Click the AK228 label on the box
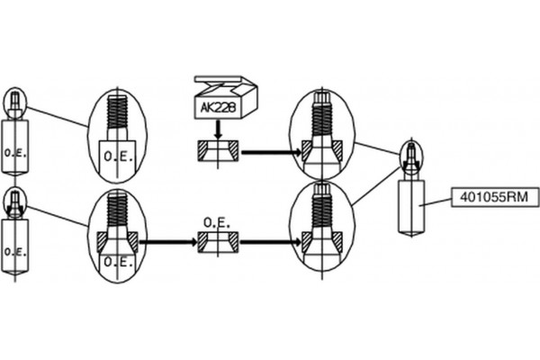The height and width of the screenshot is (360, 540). (x=219, y=107)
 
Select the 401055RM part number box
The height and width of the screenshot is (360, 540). (x=495, y=197)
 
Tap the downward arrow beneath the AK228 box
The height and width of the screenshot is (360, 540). (x=218, y=130)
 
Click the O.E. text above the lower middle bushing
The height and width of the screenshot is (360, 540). (x=217, y=223)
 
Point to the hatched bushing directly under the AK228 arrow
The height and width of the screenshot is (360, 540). (x=218, y=150)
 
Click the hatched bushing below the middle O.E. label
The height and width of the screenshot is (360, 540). (x=218, y=242)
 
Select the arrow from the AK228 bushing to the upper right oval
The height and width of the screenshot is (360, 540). (x=272, y=151)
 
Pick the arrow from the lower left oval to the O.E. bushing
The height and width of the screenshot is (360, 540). (x=167, y=242)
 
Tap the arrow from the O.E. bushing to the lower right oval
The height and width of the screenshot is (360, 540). (x=271, y=242)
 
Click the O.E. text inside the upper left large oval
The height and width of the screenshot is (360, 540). (x=118, y=157)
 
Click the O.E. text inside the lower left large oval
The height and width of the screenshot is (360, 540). (x=118, y=263)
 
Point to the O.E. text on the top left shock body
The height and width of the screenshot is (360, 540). (x=15, y=153)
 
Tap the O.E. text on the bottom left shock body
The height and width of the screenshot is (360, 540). (x=15, y=252)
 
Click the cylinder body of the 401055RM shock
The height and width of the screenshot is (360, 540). (x=411, y=207)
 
